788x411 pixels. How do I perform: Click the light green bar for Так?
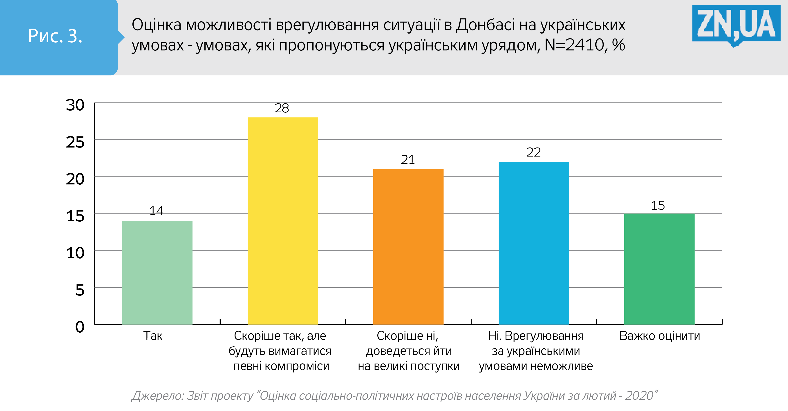coord(157,272)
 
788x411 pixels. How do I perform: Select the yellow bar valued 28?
coord(283,220)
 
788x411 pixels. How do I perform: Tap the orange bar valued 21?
coord(408,247)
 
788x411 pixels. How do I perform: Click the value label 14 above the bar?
coord(156,211)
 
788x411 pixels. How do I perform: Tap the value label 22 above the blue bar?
coord(533,152)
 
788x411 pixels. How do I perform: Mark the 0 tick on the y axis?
coord(80,327)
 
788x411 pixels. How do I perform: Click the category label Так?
coord(153,336)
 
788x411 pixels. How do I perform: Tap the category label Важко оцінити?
coord(660,336)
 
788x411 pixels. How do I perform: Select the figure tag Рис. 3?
coord(55,36)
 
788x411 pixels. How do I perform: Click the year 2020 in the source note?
coord(639,396)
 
